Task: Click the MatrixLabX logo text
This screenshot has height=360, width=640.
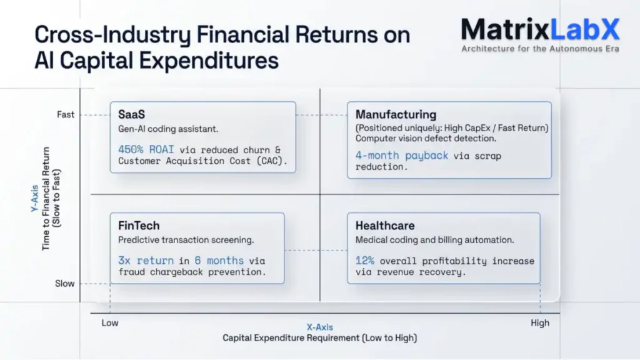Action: (540, 29)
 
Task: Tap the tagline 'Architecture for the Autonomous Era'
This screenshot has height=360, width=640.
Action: (540, 48)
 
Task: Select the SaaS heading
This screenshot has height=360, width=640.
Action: (132, 114)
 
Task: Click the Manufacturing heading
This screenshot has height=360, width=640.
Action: (396, 114)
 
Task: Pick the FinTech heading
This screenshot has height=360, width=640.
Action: (139, 226)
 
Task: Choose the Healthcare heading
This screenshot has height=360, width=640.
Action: (385, 226)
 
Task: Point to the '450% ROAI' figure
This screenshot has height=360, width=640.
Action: (146, 149)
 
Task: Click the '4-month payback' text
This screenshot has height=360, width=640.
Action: (402, 155)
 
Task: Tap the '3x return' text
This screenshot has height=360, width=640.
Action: (146, 260)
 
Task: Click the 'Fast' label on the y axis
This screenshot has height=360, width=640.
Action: (66, 115)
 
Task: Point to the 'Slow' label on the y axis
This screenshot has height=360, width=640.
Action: (65, 284)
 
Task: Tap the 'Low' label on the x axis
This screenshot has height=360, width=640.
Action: (110, 323)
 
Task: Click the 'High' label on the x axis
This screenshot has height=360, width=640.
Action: (540, 323)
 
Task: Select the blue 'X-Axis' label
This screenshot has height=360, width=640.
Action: (319, 327)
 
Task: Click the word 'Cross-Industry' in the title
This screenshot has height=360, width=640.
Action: (113, 34)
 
